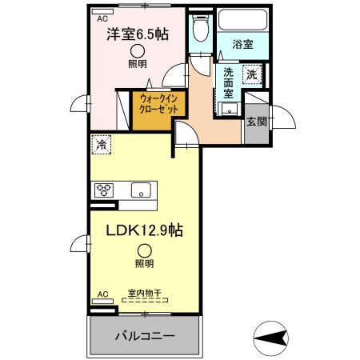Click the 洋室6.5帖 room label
click(x=138, y=36)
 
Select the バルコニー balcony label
click(x=143, y=334)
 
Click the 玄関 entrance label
click(x=256, y=121)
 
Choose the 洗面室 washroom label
click(x=228, y=82)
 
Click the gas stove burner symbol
click(x=104, y=190)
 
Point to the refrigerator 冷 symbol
click(x=102, y=145)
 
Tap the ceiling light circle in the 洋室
click(x=138, y=51)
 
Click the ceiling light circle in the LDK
click(x=143, y=250)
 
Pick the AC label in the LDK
click(x=102, y=294)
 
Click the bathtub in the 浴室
click(x=243, y=20)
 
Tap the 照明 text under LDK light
click(x=143, y=264)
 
